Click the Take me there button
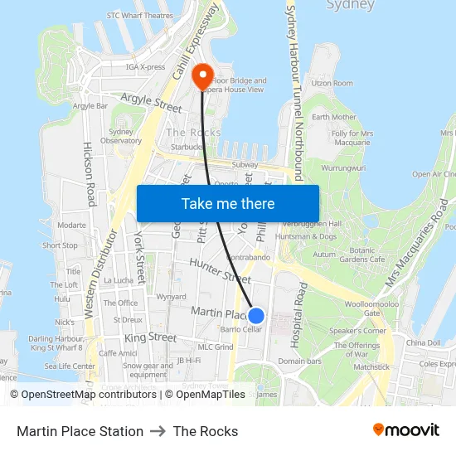227,203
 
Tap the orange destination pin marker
202,77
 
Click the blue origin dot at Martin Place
256,316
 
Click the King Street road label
150,338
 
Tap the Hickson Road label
89,174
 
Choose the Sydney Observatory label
121,136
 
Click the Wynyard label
171,296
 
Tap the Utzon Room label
332,83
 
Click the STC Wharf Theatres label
140,15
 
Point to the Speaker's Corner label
357,331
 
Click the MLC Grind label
215,347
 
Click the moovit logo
405,430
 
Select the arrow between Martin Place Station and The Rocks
158,431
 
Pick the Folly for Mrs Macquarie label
352,138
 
